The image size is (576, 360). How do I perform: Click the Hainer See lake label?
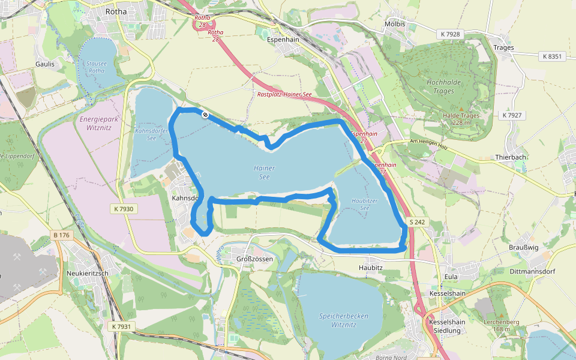point(265,173)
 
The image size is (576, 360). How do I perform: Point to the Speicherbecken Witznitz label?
point(343,320)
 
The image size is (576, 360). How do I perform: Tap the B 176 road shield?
point(61,235)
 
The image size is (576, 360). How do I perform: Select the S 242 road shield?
point(418,222)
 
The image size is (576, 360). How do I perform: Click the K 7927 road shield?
point(513,115)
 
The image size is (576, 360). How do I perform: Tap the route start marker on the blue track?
point(205,114)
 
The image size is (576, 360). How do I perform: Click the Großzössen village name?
point(255,259)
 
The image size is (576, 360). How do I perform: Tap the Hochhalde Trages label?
point(443,86)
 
